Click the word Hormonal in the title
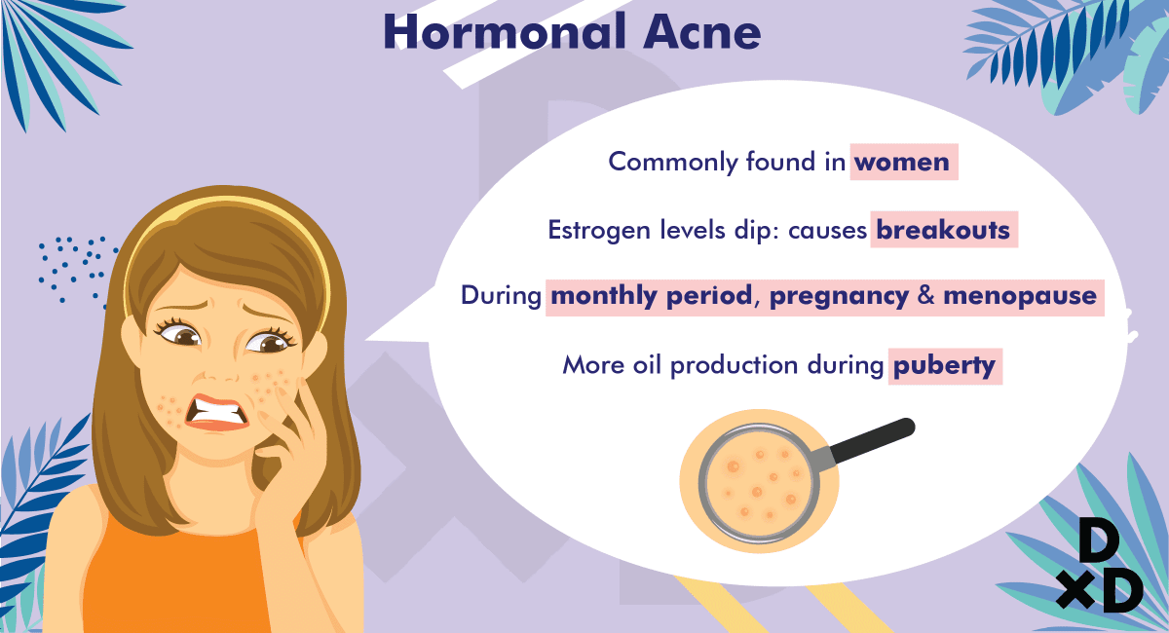pyautogui.click(x=505, y=32)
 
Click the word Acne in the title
pyautogui.click(x=702, y=32)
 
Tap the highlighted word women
pyautogui.click(x=902, y=162)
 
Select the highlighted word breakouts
pyautogui.click(x=943, y=230)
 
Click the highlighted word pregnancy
pyautogui.click(x=839, y=296)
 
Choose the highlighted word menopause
pyautogui.click(x=1020, y=296)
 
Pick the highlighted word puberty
pyautogui.click(x=944, y=366)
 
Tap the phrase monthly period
pyautogui.click(x=652, y=296)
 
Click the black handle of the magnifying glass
pyautogui.click(x=871, y=441)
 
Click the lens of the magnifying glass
pyautogui.click(x=758, y=483)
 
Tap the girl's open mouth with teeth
pyautogui.click(x=217, y=413)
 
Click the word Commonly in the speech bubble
pyautogui.click(x=673, y=163)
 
